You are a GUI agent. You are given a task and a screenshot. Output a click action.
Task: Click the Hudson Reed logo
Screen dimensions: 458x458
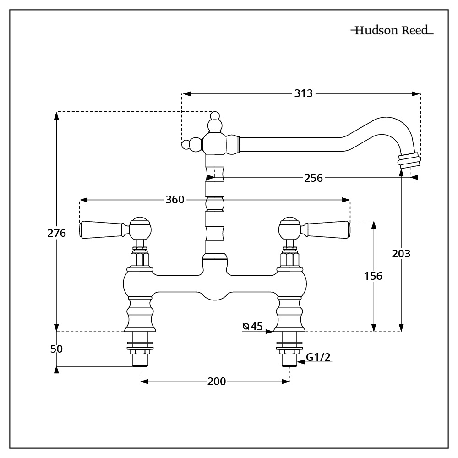[x=392, y=31]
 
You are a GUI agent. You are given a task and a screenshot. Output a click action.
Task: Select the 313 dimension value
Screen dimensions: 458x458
[x=303, y=93]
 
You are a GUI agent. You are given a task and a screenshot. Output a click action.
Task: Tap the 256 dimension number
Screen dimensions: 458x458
[x=313, y=178]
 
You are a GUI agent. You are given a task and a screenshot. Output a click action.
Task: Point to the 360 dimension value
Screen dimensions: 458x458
[x=174, y=200]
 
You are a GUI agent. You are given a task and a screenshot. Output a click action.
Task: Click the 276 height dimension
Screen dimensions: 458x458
[x=57, y=233]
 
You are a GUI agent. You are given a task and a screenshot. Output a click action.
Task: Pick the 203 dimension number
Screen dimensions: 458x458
[x=401, y=253]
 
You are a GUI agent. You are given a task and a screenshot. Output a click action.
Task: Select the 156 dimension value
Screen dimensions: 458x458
[x=373, y=276]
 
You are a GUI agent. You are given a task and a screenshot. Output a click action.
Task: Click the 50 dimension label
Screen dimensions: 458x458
[x=56, y=349]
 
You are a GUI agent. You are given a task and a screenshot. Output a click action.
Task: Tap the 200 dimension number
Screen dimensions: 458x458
[x=217, y=381]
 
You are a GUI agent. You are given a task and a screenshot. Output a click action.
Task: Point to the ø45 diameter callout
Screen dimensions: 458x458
[x=253, y=326]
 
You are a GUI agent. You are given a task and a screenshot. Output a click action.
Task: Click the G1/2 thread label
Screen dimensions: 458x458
[x=318, y=357]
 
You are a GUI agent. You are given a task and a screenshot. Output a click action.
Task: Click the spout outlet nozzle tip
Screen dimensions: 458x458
[x=409, y=160]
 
